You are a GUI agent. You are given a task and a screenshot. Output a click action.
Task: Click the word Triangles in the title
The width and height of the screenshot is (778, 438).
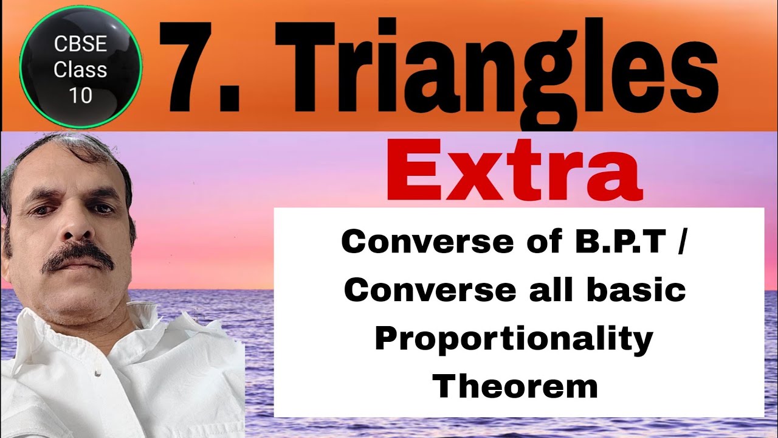coord(495,67)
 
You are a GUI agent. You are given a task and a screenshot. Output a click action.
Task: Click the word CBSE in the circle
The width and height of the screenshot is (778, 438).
coord(80,44)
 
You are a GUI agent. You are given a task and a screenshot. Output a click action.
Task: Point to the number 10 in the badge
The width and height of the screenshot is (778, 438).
coord(80,96)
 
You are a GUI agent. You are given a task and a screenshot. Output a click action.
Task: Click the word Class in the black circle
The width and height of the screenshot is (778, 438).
coord(80,70)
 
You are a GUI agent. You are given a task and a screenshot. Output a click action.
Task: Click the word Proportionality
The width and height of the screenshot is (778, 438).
coord(514,338)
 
